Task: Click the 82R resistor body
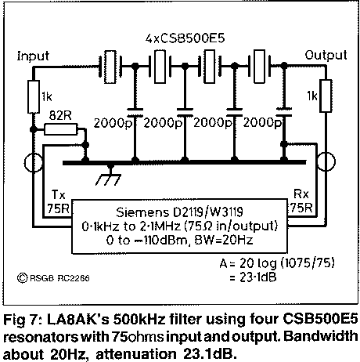[x=61, y=129]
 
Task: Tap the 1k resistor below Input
[x=34, y=96]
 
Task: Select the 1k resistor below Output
[x=326, y=96]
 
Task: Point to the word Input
[x=33, y=56]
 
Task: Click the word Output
[x=326, y=55]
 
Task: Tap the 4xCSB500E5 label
[x=185, y=38]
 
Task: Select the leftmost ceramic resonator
[x=110, y=67]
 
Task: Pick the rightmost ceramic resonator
[x=259, y=67]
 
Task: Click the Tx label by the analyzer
[x=58, y=194]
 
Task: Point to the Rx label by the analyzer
[x=301, y=194]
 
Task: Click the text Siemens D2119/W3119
[x=179, y=212]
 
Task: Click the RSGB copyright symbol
[x=22, y=278]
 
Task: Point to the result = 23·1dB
[x=253, y=277]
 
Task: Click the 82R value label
[x=60, y=115]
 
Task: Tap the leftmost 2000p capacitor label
[x=113, y=123]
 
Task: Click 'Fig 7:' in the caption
[x=23, y=320]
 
